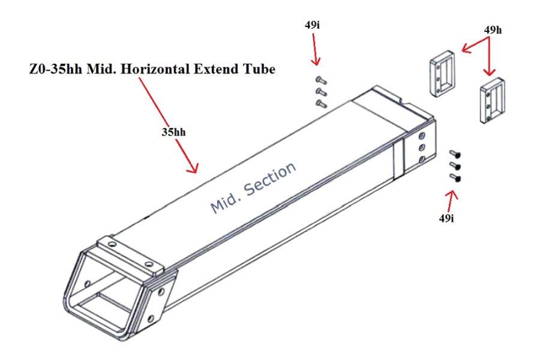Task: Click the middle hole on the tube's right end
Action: click(x=421, y=146)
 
